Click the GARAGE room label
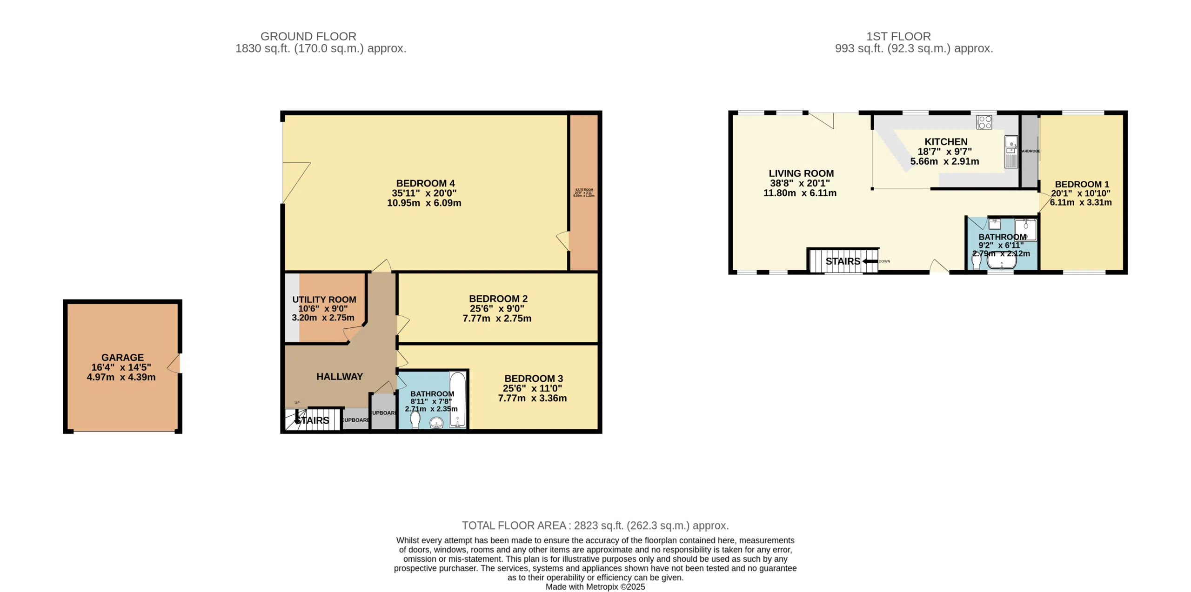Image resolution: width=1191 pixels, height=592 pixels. (x=122, y=358)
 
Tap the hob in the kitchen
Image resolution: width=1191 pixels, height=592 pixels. (x=984, y=122)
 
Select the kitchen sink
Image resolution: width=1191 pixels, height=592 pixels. (x=1011, y=146)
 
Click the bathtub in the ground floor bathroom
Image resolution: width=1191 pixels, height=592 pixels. (x=457, y=399)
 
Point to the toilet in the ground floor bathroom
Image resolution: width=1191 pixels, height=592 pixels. (x=415, y=419)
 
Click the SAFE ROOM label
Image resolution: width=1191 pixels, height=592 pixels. (x=584, y=190)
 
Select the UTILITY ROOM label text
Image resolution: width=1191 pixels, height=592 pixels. (x=324, y=300)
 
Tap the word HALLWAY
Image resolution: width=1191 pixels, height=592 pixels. (x=340, y=377)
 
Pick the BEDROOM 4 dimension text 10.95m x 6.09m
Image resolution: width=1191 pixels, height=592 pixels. (x=424, y=203)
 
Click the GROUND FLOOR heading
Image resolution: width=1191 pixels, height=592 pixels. (x=308, y=36)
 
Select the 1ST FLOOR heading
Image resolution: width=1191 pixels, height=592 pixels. (x=898, y=36)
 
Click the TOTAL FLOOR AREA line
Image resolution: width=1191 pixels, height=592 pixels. (x=595, y=525)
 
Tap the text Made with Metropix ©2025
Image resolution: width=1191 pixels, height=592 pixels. (x=595, y=587)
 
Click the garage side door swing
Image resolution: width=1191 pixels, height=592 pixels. (x=174, y=364)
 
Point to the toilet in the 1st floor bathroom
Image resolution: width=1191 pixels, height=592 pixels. (x=977, y=262)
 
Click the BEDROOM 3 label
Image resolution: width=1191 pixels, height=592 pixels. (x=533, y=379)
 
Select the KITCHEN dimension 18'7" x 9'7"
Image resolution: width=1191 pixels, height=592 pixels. (x=944, y=152)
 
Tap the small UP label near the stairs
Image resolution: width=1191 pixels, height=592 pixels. (x=297, y=403)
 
